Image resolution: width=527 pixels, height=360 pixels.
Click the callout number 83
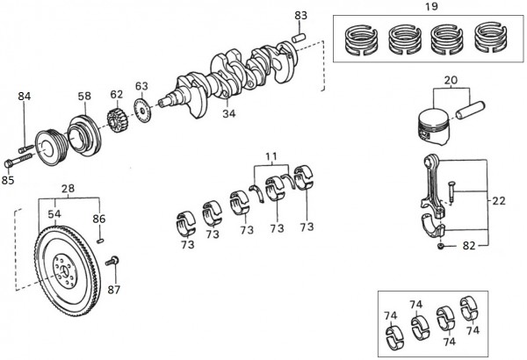[x=300, y=15]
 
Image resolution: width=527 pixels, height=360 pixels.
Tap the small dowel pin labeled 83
[x=299, y=37]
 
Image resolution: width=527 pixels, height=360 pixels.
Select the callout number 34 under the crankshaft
[x=229, y=113]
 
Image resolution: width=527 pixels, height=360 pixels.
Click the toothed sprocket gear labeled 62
[x=116, y=120]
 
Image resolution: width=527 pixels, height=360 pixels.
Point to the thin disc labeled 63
[x=142, y=111]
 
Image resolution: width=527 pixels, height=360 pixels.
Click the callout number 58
[x=84, y=96]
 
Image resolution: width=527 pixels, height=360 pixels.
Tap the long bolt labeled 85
[x=18, y=160]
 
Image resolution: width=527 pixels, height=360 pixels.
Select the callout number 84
[x=25, y=97]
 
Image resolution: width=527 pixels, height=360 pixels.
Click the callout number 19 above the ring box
[x=431, y=6]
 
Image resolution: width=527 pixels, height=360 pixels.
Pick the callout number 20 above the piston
[x=451, y=80]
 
